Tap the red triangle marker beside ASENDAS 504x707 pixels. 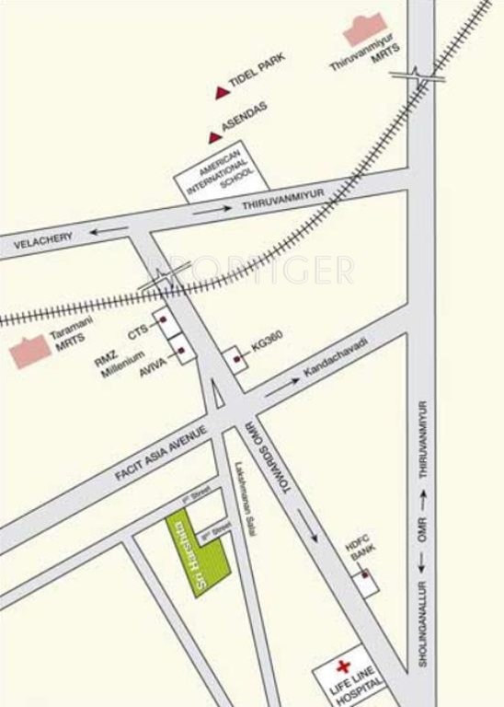pos(214,138)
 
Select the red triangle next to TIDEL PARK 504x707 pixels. pos(221,91)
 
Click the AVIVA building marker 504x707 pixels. pos(182,351)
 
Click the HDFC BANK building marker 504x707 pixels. pos(365,577)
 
